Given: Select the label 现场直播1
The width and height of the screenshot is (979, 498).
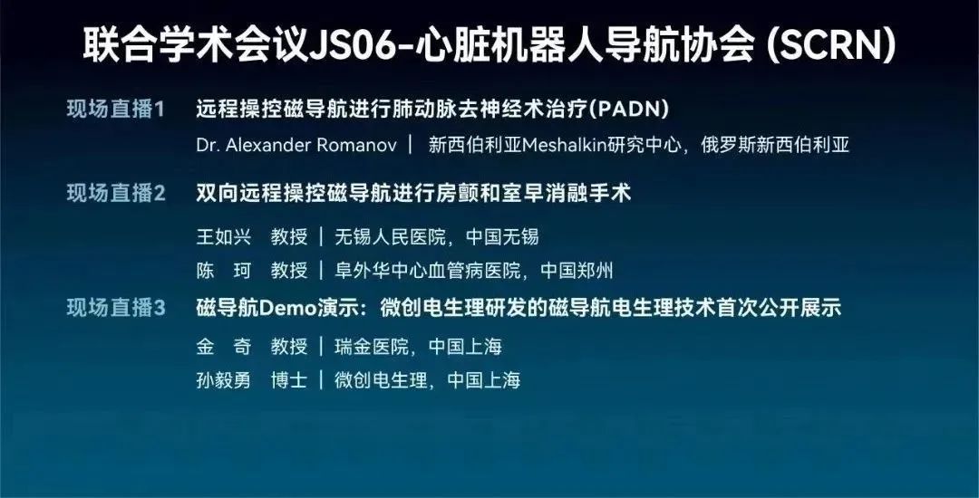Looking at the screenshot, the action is coord(115,109).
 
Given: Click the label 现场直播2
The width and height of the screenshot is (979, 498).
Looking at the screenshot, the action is coord(115,193).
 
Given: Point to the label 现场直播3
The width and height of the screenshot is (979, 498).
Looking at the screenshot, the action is coord(115,308).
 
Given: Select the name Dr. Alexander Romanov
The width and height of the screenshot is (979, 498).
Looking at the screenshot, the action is coord(296,145).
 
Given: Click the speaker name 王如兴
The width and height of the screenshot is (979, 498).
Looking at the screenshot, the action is coord(224,237).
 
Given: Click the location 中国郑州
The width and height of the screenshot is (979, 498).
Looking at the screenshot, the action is coord(577,271).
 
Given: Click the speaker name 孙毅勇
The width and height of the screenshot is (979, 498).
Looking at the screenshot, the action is coord(224,379).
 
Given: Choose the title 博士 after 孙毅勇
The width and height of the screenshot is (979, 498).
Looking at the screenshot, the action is coord(289,379).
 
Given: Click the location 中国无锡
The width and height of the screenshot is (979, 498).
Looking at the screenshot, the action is coord(502,237).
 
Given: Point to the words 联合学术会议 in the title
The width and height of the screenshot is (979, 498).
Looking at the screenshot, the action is coord(196,46).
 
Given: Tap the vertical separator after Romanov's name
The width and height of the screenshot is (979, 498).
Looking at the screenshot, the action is coord(411,145).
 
